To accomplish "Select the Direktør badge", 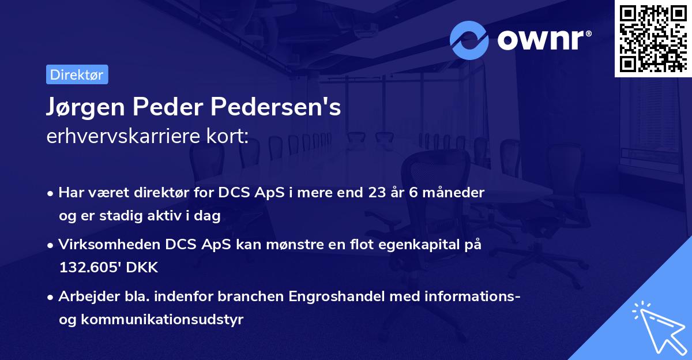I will click(77, 74).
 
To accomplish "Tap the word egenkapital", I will click(424, 245).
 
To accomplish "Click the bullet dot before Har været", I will click(51, 193).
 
